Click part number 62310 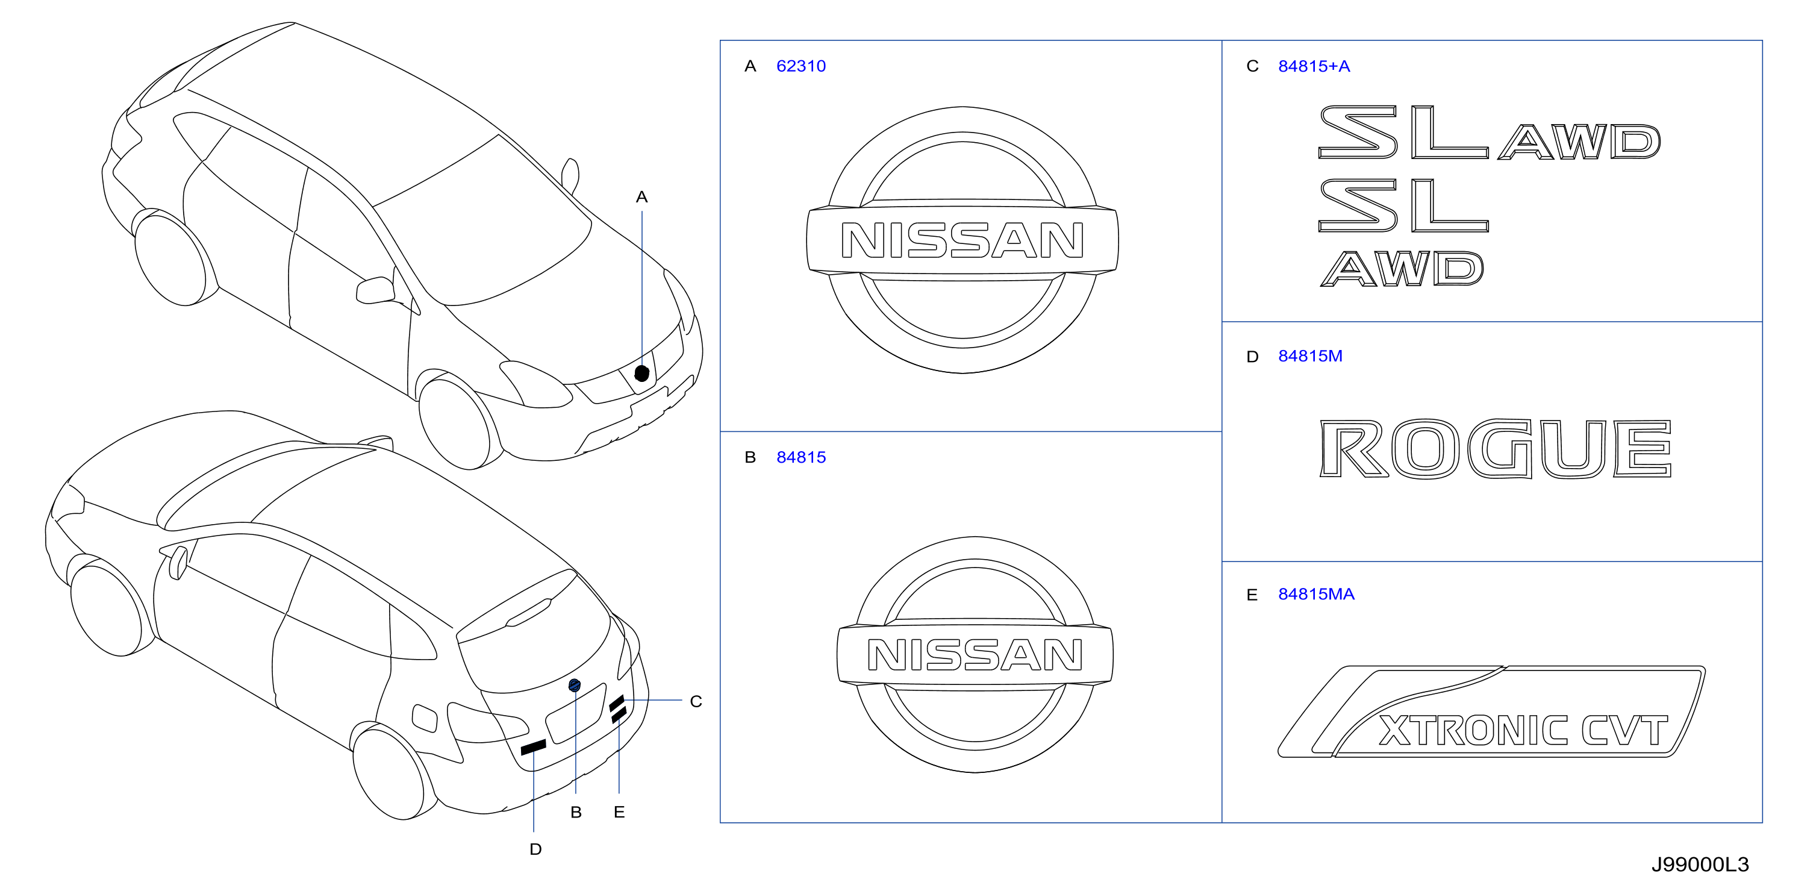800,66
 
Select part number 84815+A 1314,66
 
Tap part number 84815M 1310,356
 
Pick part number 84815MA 1316,595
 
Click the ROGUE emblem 1496,449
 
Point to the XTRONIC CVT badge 1491,712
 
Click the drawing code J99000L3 1700,864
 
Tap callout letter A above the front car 641,197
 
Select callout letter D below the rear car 535,849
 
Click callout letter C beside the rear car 696,701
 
